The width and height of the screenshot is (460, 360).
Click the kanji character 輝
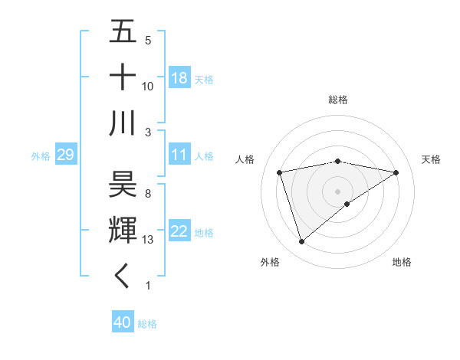click(123, 230)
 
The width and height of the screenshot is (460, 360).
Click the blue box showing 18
click(179, 78)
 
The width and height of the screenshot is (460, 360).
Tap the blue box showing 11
click(179, 155)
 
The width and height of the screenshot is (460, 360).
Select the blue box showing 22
click(179, 232)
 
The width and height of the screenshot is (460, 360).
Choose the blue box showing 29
click(65, 155)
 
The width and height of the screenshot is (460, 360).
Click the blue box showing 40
click(123, 323)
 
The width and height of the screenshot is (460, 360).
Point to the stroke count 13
click(148, 240)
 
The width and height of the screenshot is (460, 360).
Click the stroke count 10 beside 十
click(148, 86)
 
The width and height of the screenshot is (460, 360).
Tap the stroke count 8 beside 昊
click(148, 193)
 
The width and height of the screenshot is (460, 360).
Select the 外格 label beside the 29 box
click(41, 156)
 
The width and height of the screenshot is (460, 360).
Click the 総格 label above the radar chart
click(338, 100)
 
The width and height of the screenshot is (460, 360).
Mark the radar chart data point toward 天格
click(396, 172)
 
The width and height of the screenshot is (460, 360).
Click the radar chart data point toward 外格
click(302, 242)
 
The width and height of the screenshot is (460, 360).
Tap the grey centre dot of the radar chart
click(337, 190)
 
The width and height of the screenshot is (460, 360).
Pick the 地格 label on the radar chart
click(402, 263)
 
